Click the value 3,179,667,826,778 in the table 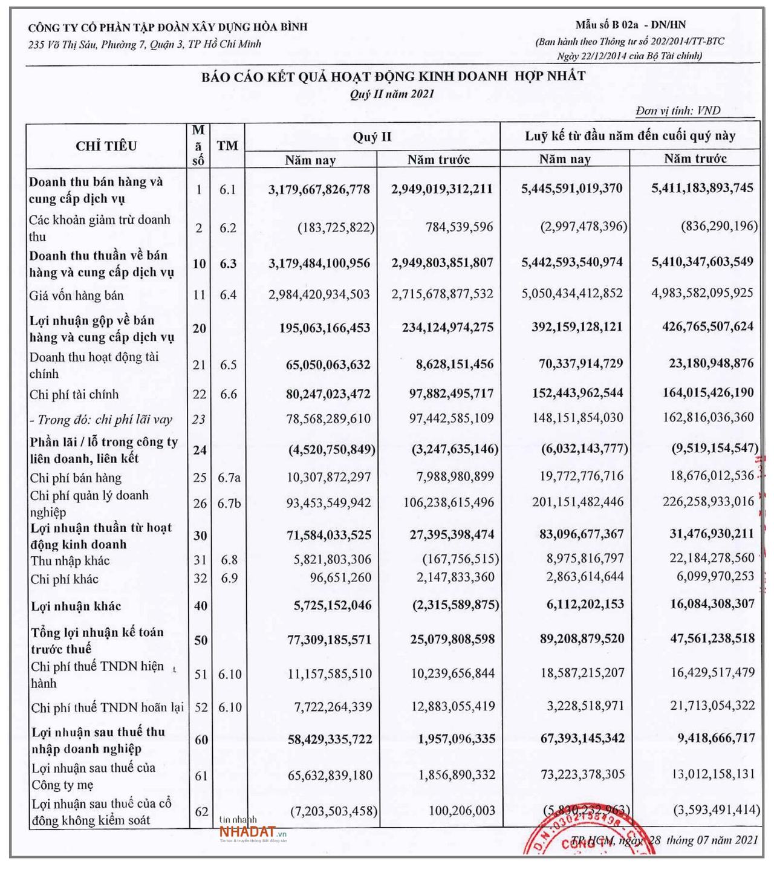click(319, 189)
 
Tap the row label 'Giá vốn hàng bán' click(76, 296)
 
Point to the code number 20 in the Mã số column click(199, 328)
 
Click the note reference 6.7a click(229, 478)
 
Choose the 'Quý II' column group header click(372, 137)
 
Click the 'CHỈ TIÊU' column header click(106, 146)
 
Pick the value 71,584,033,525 click(329, 535)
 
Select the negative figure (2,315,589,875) click(455, 605)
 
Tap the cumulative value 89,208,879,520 click(581, 638)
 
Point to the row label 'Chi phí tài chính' click(74, 395)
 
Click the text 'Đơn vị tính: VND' click(678, 111)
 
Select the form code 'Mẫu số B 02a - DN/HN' click(631, 25)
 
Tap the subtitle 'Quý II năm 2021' click(392, 94)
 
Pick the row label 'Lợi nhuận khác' click(76, 606)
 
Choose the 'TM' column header click(227, 146)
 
